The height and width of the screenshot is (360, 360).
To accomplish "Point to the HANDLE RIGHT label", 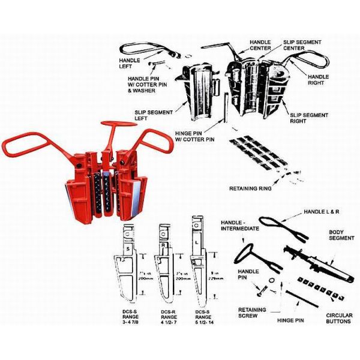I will click(318, 80).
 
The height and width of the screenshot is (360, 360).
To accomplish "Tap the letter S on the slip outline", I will click(128, 248).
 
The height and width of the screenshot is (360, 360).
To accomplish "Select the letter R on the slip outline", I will click(163, 247).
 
